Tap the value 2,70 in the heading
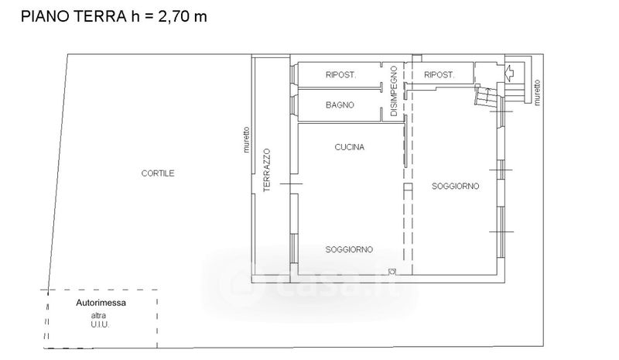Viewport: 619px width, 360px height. [x=172, y=17]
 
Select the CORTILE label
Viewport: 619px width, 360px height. [x=158, y=173]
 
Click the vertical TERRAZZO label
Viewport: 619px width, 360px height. [x=267, y=170]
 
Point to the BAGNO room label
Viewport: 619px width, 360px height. [x=340, y=105]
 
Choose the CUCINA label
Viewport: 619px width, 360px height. [x=350, y=147]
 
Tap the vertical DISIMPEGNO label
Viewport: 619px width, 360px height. [x=394, y=91]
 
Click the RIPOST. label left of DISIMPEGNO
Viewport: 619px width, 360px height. [x=340, y=74]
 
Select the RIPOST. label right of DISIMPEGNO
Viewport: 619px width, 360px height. [x=439, y=74]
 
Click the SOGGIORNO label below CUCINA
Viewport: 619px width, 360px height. [x=349, y=249]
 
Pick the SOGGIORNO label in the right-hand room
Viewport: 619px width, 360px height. [x=455, y=186]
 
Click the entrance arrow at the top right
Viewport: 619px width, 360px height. [x=511, y=72]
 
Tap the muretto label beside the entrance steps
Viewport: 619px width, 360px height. [x=536, y=93]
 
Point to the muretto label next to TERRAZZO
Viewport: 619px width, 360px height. [x=247, y=139]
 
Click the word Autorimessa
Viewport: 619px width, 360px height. [x=101, y=303]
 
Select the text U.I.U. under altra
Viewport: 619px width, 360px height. [x=100, y=325]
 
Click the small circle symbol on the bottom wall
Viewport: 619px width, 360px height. [x=392, y=272]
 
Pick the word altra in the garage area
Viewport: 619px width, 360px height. [x=98, y=316]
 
